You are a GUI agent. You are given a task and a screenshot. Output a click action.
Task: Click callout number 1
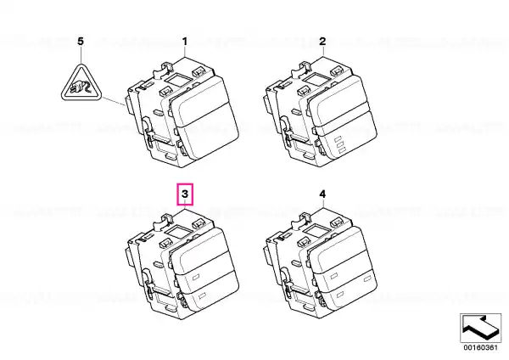coord(185,42)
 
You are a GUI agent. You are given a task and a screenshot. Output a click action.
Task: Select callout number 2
coord(322,42)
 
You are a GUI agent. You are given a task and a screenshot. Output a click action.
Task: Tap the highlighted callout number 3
coord(185,194)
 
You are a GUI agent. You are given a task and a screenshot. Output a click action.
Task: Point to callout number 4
coord(322,194)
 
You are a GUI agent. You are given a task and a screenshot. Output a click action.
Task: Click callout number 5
coord(81,42)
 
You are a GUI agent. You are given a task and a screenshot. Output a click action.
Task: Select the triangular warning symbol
coord(81,83)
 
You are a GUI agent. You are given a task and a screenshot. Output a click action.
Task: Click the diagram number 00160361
coord(480,347)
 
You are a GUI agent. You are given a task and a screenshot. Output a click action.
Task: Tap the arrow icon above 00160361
coord(480,328)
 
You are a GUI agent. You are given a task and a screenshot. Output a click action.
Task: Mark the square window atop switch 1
coord(178,80)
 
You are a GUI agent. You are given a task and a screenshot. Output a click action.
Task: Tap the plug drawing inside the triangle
coord(81,87)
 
